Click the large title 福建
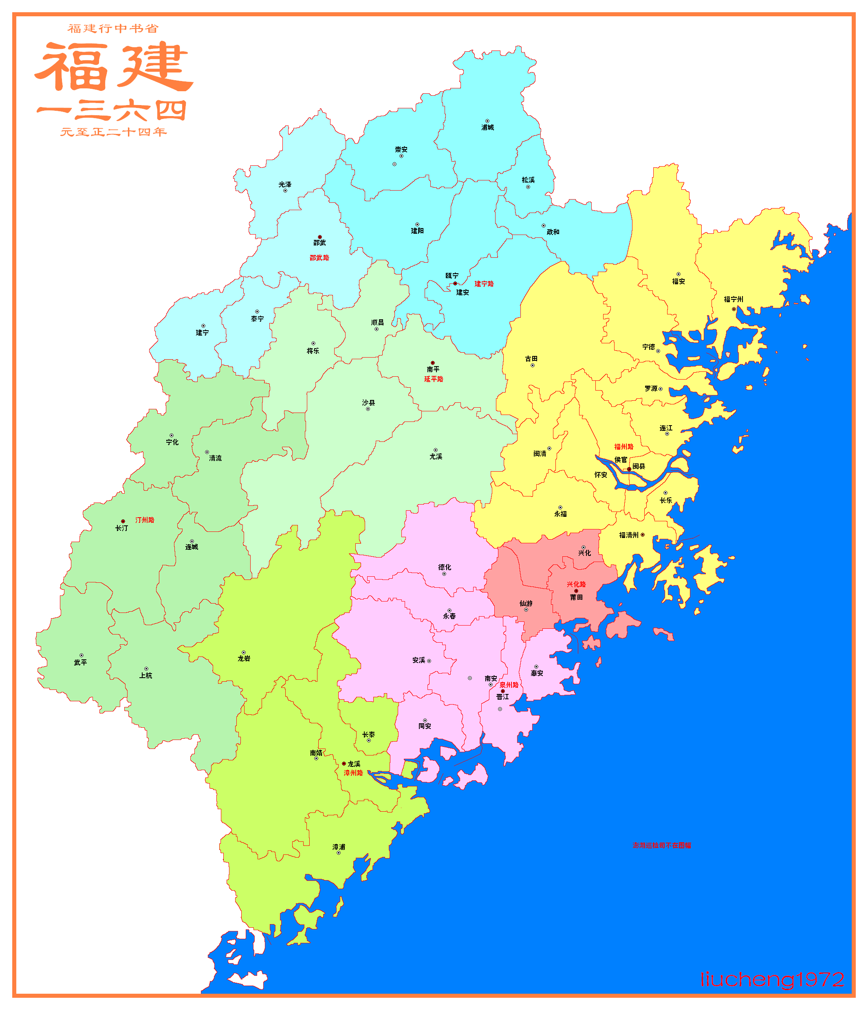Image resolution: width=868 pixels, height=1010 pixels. pos(114,66)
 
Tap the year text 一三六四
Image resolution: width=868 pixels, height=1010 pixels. pos(112,111)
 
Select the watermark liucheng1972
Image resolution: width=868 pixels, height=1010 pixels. pos(772,979)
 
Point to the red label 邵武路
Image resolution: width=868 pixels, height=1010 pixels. pos(319,258)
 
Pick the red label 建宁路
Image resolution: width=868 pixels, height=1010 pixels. pos(484,284)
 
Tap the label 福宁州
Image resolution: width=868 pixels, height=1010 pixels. pos(734,299)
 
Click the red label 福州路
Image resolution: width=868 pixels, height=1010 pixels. pos(623,446)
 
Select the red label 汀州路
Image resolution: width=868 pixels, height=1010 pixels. pos(145,520)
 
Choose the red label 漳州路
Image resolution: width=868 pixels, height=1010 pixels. pos(353,773)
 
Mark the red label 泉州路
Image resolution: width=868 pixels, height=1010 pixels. pos(509,685)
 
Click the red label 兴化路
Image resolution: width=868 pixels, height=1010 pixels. pos(576,584)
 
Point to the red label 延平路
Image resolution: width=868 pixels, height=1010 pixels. pos(434,379)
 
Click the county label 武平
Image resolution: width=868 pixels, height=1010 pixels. pos(80,663)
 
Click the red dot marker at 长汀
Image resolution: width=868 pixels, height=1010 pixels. pos(123,521)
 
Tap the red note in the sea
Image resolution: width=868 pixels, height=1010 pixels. pos(661,845)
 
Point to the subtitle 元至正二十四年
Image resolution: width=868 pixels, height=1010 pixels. pos(114,132)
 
